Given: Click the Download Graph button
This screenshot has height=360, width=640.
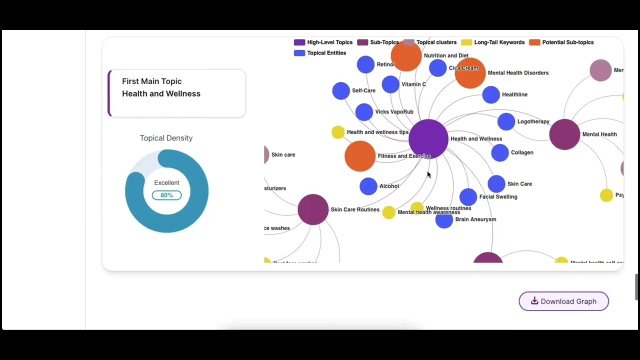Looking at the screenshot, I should [x=563, y=301].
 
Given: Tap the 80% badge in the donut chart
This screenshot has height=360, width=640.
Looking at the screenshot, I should [x=166, y=195].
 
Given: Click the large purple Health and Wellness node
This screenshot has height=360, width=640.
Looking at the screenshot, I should [x=428, y=138].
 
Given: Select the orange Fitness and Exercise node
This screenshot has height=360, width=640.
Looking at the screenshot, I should [x=359, y=156].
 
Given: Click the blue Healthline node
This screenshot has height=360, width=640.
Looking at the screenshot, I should [x=491, y=94].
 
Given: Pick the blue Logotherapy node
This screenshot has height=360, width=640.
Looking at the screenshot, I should [x=506, y=121].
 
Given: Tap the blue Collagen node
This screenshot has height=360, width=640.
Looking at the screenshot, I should [x=500, y=152].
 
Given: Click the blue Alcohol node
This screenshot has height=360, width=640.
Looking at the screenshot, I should [x=368, y=186].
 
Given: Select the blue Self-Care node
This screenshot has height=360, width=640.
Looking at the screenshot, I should [x=340, y=90].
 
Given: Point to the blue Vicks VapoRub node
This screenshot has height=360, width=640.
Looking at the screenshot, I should [x=364, y=112].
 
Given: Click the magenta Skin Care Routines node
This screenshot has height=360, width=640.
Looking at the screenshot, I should [x=313, y=209].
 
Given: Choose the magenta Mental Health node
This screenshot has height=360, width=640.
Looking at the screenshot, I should [x=564, y=134].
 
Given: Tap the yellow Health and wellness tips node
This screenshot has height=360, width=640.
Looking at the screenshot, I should [x=338, y=132].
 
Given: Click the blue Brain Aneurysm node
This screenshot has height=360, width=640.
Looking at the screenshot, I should [x=444, y=220].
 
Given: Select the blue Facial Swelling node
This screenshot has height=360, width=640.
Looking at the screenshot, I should [x=468, y=196].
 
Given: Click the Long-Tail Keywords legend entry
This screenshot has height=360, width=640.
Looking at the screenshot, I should [x=493, y=42].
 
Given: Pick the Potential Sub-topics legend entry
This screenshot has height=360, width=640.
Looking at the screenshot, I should [x=561, y=42].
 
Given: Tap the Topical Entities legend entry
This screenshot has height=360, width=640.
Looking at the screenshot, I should [x=320, y=53].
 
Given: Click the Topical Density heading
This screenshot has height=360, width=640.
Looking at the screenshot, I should [x=166, y=138].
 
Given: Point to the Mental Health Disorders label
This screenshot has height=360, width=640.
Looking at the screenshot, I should [x=518, y=73].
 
